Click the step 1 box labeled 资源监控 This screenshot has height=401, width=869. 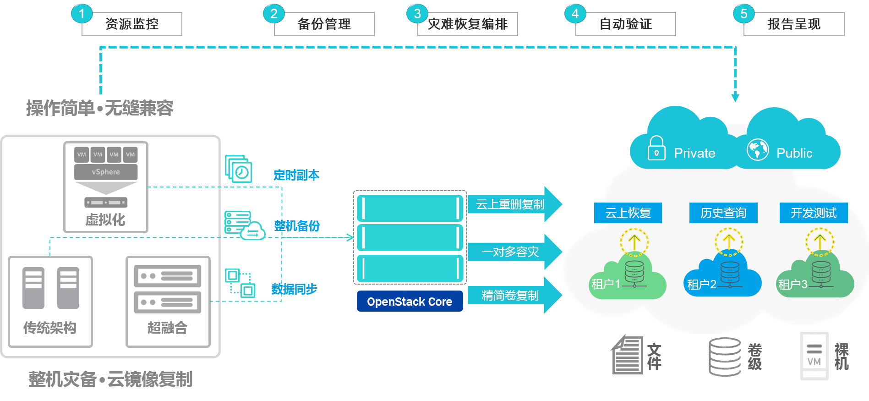[x=132, y=24]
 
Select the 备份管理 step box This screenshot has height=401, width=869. [x=324, y=24]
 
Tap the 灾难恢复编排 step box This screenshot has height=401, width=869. [x=467, y=24]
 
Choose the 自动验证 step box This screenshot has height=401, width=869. [x=625, y=24]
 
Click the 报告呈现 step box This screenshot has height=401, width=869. [x=794, y=24]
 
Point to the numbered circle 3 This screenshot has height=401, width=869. [x=417, y=14]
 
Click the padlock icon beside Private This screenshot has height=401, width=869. [x=656, y=148]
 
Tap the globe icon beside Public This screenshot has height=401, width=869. [x=758, y=149]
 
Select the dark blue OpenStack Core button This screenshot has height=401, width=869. [x=410, y=302]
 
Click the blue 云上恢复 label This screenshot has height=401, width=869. [x=628, y=213]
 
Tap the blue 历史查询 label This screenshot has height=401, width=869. [x=723, y=213]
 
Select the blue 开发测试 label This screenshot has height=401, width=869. [x=814, y=213]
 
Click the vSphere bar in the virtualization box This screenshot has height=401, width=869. [x=106, y=172]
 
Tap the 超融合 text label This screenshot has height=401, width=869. [x=167, y=328]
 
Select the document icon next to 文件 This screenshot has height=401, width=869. [x=627, y=356]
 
